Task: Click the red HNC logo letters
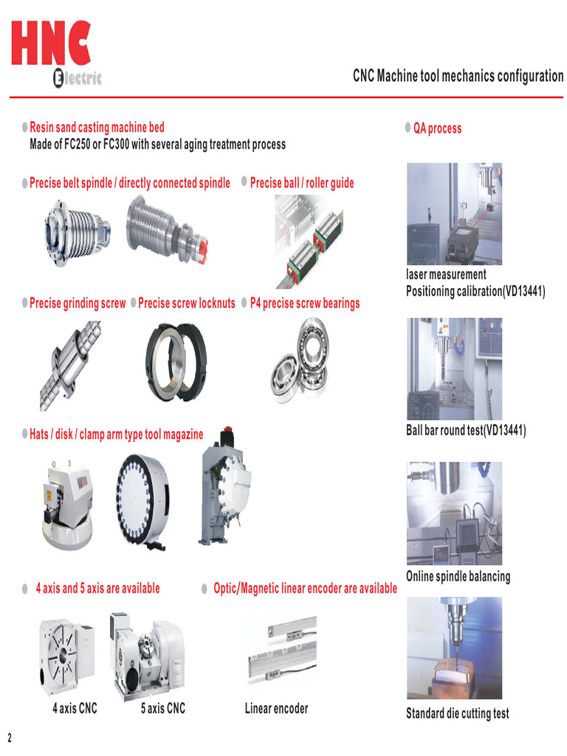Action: [x=51, y=44]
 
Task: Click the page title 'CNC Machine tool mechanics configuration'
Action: [x=458, y=76]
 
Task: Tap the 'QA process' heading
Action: [x=437, y=128]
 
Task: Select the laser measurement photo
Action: [x=454, y=214]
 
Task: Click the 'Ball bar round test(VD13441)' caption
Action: [x=466, y=430]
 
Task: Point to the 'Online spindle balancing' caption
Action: [x=458, y=576]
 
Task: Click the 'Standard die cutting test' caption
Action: [x=457, y=713]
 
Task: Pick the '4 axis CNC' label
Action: [x=75, y=709]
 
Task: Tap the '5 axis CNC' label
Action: [x=163, y=709]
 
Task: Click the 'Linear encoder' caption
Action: [x=276, y=709]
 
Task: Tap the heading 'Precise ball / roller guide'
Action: [x=302, y=182]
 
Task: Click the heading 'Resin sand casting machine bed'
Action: [x=97, y=128]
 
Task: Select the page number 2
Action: [x=10, y=738]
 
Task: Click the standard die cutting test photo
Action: [x=454, y=648]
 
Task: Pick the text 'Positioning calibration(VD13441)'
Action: [x=475, y=291]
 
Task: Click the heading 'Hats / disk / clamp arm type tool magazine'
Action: [x=116, y=434]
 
